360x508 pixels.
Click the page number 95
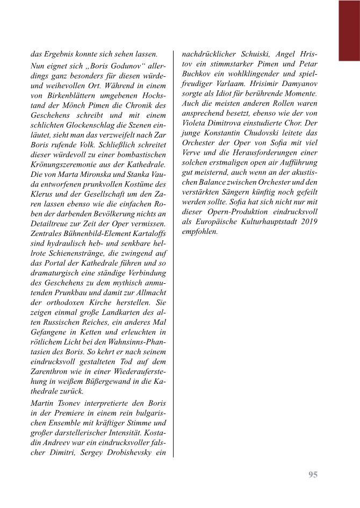pyautogui.click(x=313, y=474)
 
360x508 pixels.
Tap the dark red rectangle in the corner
pyautogui.click(x=349, y=30)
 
